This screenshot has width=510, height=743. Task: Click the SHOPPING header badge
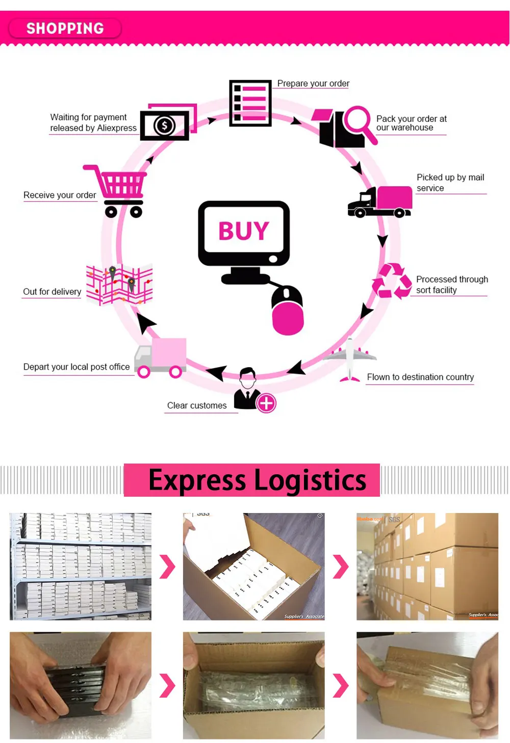coord(65,29)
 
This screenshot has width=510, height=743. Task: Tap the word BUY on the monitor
coord(244,231)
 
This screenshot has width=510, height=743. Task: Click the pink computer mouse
coord(288,311)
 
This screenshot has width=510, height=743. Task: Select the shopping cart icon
coord(119,191)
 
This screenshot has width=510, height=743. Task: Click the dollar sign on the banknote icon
coord(164,125)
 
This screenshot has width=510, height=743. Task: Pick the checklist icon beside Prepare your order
coord(250,103)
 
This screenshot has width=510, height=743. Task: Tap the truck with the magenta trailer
coord(379,202)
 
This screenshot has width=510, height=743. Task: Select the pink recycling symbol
coord(392,280)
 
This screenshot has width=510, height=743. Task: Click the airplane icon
coord(350,359)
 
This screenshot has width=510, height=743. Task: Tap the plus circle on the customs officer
coord(266,403)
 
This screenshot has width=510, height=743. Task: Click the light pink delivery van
coord(161,357)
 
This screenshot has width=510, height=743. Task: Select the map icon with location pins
coord(119,284)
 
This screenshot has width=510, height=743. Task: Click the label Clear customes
coord(197,405)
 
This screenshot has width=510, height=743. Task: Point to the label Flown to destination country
coord(420,377)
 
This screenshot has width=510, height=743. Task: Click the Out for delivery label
coord(52,292)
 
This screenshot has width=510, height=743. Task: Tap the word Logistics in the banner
coord(310,480)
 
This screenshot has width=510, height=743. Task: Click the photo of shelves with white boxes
coord(81,567)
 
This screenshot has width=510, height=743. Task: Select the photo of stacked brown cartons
coord(427,567)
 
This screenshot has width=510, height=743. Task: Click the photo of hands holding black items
coord(81,685)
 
